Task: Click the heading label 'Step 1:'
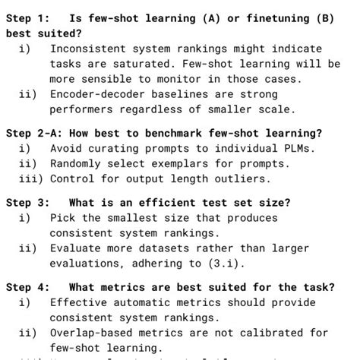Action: (x=28, y=18)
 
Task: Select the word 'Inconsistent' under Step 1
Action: (x=87, y=49)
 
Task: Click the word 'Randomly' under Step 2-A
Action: (x=75, y=163)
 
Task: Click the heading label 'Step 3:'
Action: (x=28, y=203)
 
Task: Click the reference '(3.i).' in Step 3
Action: (x=224, y=264)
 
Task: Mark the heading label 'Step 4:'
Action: (x=28, y=287)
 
